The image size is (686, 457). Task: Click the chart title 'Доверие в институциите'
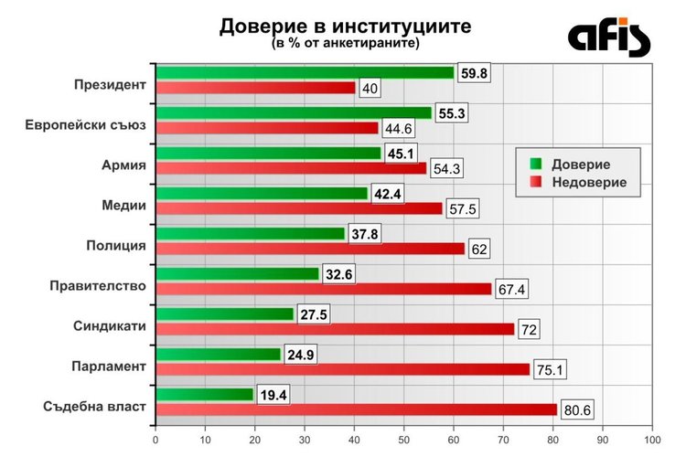(x=345, y=27)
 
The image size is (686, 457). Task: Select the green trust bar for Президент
(x=305, y=73)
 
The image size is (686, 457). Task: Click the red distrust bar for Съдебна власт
(x=356, y=409)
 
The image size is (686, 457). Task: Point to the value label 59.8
(x=474, y=73)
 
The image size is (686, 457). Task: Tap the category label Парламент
(x=109, y=367)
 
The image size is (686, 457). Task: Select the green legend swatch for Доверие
(x=536, y=164)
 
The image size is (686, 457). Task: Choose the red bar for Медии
(x=298, y=208)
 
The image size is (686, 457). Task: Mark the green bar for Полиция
(x=250, y=233)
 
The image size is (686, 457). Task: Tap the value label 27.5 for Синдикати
(x=315, y=314)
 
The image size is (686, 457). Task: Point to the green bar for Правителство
(x=237, y=273)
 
